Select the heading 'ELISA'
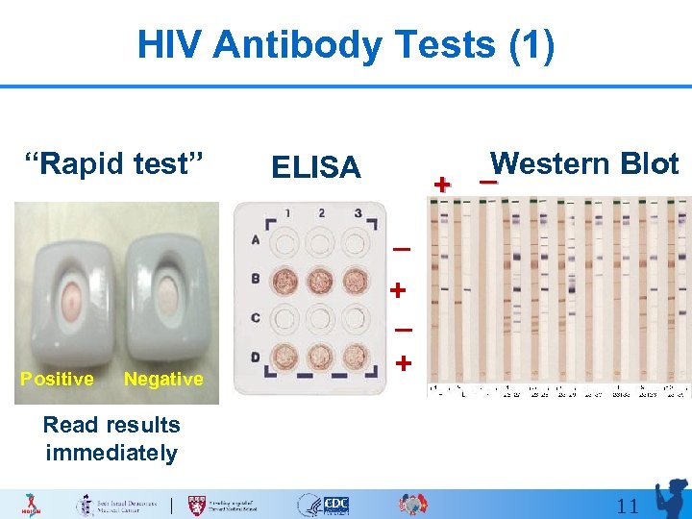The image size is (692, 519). click(x=315, y=167)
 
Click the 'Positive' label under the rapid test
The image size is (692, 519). click(x=57, y=379)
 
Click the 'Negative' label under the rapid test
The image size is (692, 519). click(x=163, y=379)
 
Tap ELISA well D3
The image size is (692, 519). click(x=357, y=355)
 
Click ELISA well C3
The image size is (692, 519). click(x=357, y=318)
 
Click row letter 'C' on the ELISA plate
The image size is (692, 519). click(x=255, y=317)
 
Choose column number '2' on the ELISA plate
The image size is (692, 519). click(x=321, y=212)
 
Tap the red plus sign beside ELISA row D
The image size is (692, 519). click(x=404, y=363)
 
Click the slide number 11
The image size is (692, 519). click(x=628, y=506)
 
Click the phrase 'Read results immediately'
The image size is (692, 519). click(x=111, y=438)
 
